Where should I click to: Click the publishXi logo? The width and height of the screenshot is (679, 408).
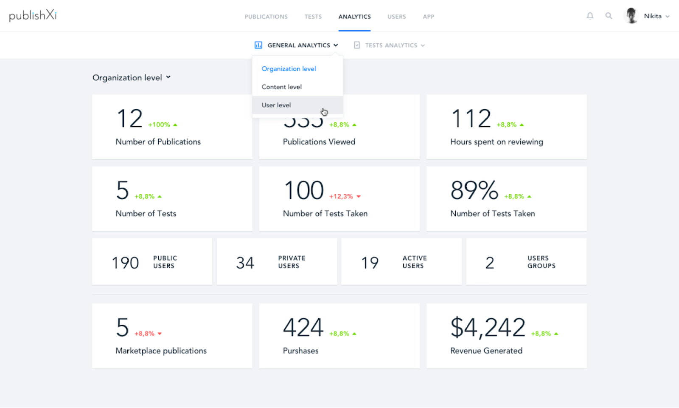33,16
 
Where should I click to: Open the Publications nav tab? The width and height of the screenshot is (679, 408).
266,17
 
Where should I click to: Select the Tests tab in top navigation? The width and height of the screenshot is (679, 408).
313,17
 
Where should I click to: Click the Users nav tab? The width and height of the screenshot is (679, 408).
396,17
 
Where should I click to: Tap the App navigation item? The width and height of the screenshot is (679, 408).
428,17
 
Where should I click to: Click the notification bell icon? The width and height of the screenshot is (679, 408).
590,16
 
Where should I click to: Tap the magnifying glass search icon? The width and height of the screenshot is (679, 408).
609,16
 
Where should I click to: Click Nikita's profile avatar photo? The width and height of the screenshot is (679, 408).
631,16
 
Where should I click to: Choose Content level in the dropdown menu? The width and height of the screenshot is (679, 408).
281,87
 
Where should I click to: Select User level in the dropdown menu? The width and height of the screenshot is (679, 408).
276,105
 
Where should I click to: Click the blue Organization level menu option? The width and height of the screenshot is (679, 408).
289,69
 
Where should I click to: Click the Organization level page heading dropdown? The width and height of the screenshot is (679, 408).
131,77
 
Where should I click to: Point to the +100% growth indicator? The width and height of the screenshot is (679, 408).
159,125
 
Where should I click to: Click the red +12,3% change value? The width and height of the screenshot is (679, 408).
341,196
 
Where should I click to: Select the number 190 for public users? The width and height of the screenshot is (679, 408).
125,263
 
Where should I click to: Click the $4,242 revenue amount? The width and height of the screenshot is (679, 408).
488,327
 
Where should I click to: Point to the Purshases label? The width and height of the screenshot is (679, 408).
300,351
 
